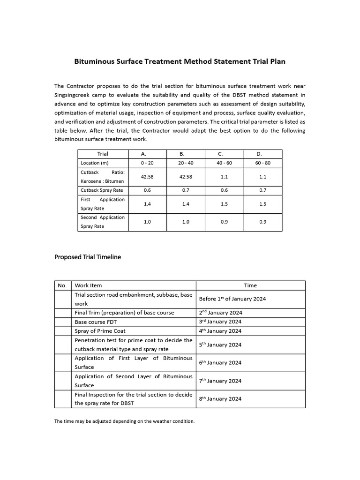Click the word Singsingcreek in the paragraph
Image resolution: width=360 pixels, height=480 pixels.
coord(75,95)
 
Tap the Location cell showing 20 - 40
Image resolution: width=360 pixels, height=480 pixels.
coord(186,163)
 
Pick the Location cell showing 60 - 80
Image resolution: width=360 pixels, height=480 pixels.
coord(262,163)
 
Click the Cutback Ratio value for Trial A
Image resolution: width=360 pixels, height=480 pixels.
coord(147,177)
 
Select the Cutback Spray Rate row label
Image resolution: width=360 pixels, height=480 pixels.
coord(102,190)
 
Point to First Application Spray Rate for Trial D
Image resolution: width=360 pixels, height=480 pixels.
coord(262,204)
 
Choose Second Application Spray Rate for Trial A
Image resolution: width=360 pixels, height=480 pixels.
coord(147,222)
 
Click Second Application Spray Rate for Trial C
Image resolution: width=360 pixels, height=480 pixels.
coord(224,222)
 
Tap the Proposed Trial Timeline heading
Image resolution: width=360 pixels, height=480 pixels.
coord(88,257)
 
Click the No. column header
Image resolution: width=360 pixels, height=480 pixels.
coord(62,285)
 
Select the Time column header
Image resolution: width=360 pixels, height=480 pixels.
coord(250,285)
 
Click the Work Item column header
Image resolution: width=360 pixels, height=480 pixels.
coord(88,285)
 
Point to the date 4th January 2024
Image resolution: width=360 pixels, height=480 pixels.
coord(220,331)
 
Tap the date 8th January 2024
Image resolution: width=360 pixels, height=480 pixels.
coord(220,399)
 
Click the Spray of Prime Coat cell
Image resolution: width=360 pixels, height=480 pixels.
coord(100,331)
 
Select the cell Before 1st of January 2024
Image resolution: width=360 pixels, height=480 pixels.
coord(232,299)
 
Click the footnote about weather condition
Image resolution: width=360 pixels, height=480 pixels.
coord(124,421)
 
